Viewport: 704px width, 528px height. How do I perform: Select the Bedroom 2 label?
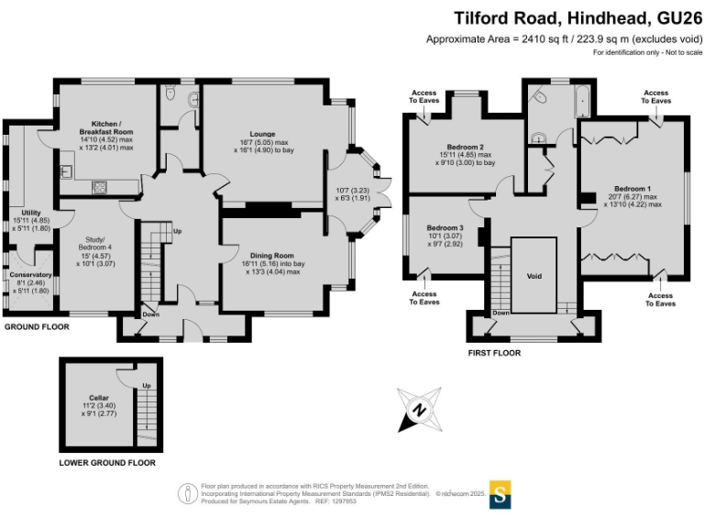[x=465, y=147]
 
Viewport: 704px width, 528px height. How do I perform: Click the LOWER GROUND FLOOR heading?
[x=107, y=463]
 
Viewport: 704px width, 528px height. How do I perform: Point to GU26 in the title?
[x=677, y=17]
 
